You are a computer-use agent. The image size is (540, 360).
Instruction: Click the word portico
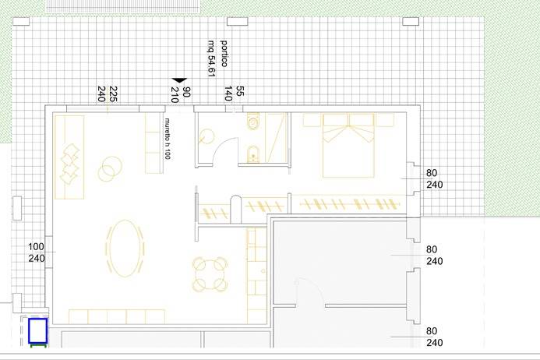(x=224, y=53)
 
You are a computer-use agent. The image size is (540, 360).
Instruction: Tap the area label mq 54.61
(x=211, y=58)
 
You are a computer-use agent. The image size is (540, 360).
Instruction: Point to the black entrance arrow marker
(x=179, y=80)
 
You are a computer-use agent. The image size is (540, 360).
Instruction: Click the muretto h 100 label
(x=168, y=139)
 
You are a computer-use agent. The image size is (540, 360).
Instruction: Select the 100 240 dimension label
(x=37, y=252)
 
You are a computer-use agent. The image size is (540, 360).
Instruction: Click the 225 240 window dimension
(x=107, y=94)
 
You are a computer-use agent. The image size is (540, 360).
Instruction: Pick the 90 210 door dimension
(x=180, y=95)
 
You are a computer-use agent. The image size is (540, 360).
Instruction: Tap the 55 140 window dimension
(x=235, y=94)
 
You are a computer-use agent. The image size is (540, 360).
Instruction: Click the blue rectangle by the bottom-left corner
(x=38, y=331)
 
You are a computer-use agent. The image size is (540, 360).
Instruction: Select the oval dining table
(x=125, y=249)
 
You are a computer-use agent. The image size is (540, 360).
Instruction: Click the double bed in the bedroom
(x=348, y=146)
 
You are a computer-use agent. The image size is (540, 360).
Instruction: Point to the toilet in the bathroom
(x=252, y=122)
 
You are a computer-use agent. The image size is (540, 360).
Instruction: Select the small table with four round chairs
(x=210, y=274)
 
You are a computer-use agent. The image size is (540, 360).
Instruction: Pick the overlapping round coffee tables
(x=110, y=168)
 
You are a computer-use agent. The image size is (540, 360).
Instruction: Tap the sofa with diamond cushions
(x=69, y=157)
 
